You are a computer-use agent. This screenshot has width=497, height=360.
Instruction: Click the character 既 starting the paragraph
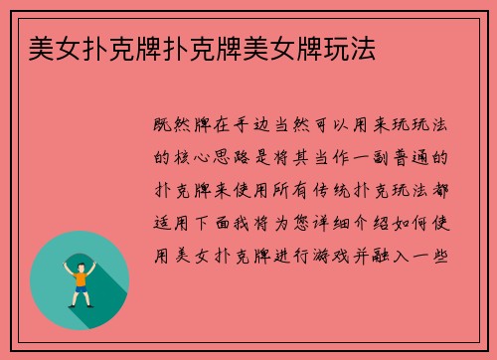(164, 125)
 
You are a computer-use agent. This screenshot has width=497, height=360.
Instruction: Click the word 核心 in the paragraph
(198, 157)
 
